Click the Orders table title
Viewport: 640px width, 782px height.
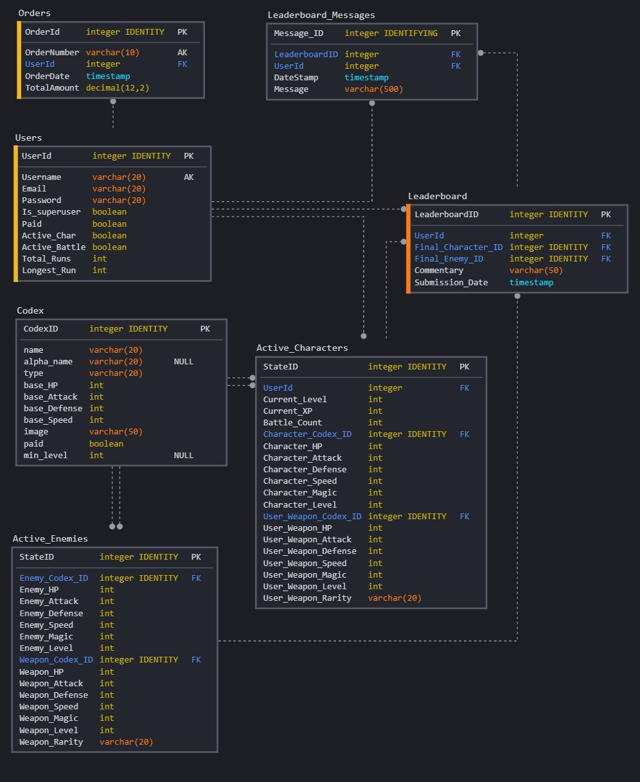34,13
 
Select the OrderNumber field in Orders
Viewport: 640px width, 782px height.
52,53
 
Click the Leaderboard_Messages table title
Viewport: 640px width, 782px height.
321,15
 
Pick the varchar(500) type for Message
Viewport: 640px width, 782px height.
373,89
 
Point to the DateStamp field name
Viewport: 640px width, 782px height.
296,78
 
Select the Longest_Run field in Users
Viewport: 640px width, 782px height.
49,271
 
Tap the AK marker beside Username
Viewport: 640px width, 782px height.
188,177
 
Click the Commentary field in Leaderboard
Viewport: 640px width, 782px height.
438,271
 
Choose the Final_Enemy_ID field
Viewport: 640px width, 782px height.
449,259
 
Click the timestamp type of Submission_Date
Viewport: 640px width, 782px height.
531,283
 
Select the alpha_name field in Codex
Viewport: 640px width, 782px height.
48,362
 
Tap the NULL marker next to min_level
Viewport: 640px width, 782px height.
183,456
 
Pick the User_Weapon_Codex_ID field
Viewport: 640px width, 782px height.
312,517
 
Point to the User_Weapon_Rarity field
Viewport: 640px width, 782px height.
307,598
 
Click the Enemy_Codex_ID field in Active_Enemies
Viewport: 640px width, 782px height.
53,578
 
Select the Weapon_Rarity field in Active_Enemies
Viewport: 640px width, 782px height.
51,742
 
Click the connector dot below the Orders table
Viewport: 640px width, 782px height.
113,102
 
